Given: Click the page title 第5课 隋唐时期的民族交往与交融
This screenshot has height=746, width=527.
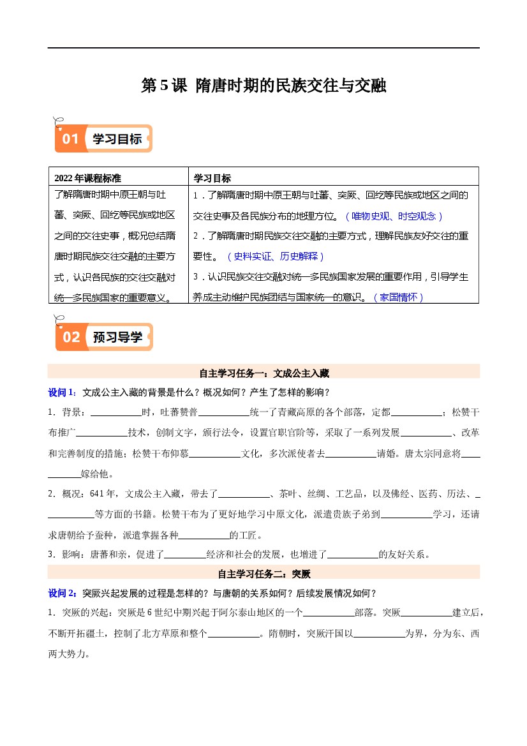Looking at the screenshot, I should click(263, 86).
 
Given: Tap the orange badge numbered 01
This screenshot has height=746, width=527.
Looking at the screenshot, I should click(70, 138).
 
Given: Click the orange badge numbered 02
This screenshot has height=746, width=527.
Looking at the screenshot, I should click(71, 337).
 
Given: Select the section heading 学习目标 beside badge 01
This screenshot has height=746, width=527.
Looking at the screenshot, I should click(117, 138).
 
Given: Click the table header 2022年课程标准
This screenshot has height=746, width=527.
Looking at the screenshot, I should click(88, 178).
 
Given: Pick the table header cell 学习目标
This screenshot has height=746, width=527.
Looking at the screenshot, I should click(212, 178).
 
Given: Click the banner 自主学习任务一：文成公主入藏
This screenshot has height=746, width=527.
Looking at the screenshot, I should click(263, 372).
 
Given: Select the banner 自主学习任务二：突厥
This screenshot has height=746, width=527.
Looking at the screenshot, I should click(263, 574).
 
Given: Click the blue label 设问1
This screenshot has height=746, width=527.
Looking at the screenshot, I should click(62, 392).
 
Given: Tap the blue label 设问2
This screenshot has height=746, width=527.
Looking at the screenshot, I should click(62, 593).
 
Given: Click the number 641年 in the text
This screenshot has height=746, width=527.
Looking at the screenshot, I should click(103, 493).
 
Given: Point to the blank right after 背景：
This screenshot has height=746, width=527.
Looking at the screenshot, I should click(116, 412).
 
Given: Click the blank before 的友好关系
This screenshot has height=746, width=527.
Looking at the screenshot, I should click(353, 555).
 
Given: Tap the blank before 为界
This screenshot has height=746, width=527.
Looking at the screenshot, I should click(378, 634).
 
